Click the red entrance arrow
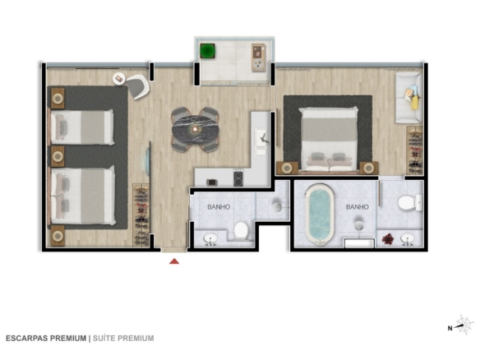174,261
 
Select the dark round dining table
196,129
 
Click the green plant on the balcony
208,51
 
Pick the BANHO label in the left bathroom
219,207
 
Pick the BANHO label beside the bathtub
357,207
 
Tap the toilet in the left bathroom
241,230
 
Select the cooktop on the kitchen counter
238,178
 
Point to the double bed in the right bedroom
329,139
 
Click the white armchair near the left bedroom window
137,86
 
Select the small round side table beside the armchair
119,79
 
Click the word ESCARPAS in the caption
26,339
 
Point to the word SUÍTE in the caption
104,339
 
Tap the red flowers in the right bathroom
388,239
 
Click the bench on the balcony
258,58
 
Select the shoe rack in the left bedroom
141,215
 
